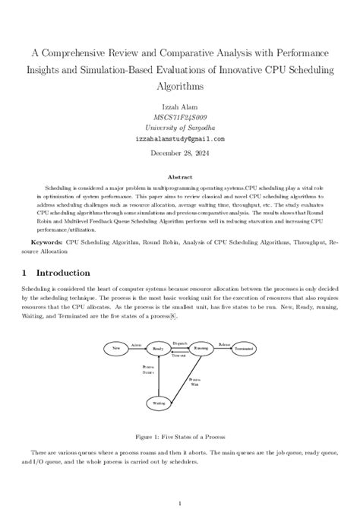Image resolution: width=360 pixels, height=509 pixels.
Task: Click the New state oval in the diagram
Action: tap(116, 348)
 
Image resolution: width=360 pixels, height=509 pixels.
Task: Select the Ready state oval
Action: tap(159, 348)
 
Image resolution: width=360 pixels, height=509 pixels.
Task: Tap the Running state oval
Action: tap(201, 348)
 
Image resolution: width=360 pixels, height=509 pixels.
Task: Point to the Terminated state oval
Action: tap(245, 348)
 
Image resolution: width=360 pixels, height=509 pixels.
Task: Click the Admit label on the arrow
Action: tap(137, 344)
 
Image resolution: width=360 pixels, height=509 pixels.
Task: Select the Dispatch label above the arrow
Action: tap(179, 343)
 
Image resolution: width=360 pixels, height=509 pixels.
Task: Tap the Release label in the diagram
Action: tap(224, 344)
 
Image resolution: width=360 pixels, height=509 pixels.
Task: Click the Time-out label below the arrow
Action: tap(179, 356)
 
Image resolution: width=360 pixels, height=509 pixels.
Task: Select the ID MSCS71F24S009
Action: tap(180, 118)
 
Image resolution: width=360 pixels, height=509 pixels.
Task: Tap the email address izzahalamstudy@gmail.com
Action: tap(180, 140)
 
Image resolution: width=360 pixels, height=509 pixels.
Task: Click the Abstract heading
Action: tap(180, 175)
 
